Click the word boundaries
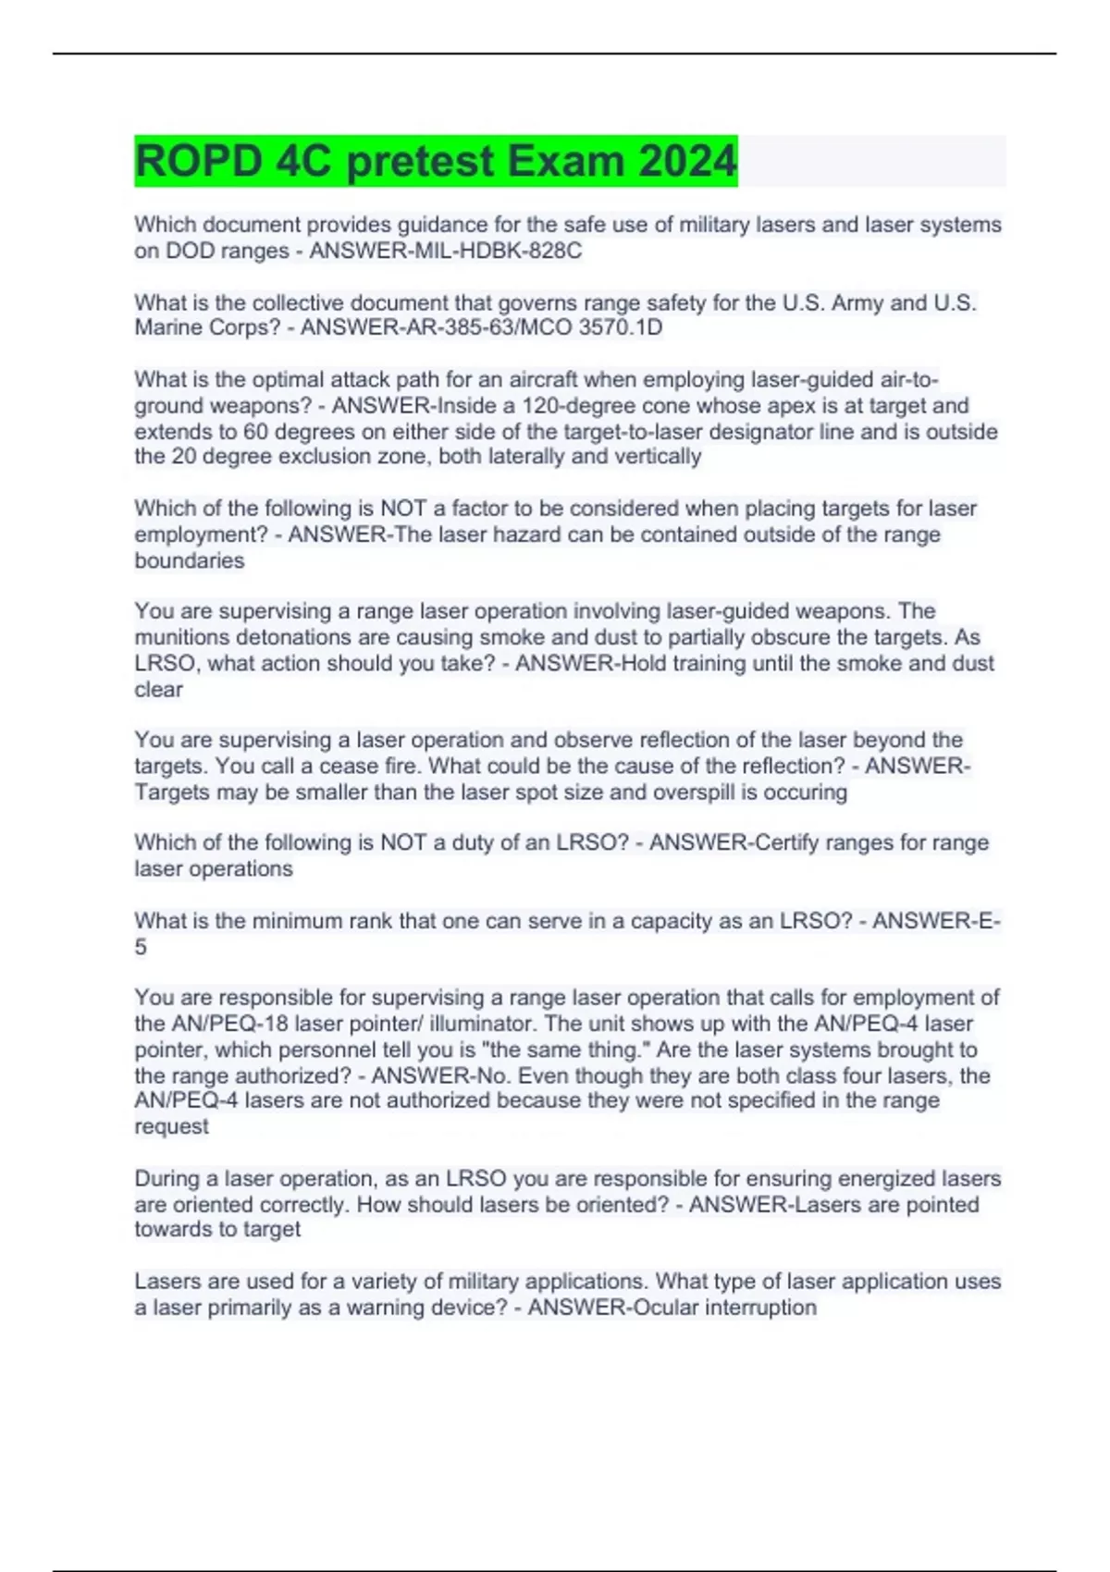pos(190,560)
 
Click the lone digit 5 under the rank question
pos(141,947)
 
